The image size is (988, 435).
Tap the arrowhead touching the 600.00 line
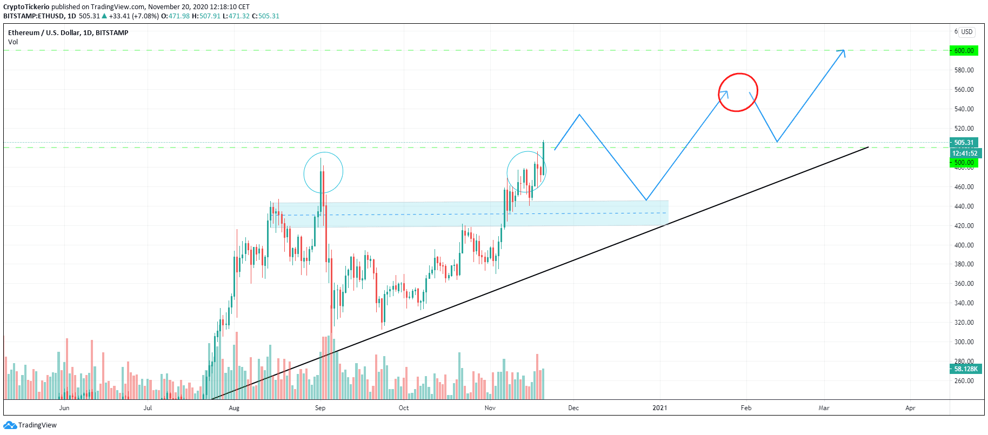[x=842, y=52]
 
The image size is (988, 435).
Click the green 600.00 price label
[x=964, y=51]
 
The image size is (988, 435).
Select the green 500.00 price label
[x=964, y=163]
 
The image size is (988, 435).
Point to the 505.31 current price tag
[x=964, y=143]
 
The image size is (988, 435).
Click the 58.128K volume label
[x=965, y=369]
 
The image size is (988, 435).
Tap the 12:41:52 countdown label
[x=964, y=153]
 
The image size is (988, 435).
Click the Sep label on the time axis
[x=320, y=408]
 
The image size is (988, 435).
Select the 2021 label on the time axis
[x=659, y=408]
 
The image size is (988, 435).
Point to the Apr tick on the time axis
[x=910, y=408]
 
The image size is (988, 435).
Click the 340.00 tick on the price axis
[x=964, y=303]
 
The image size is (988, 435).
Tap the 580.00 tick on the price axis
[x=964, y=70]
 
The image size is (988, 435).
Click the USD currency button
[x=967, y=32]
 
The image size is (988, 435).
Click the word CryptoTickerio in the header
[x=26, y=7]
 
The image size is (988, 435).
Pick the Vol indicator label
[x=13, y=42]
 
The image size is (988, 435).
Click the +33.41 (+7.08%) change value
[x=133, y=16]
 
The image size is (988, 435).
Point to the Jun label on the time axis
[x=64, y=408]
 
